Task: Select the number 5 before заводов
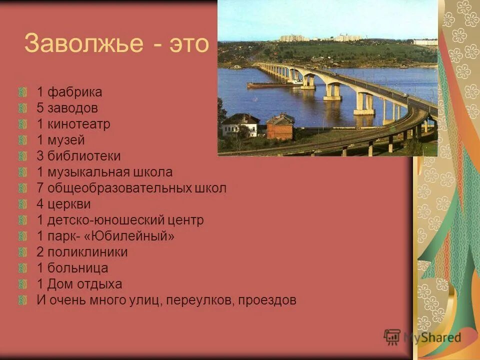(40, 108)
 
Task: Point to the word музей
(66, 140)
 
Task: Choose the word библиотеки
(84, 156)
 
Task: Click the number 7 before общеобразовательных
(40, 188)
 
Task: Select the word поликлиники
(88, 252)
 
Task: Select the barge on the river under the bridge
(272, 84)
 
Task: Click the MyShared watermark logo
(422, 337)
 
